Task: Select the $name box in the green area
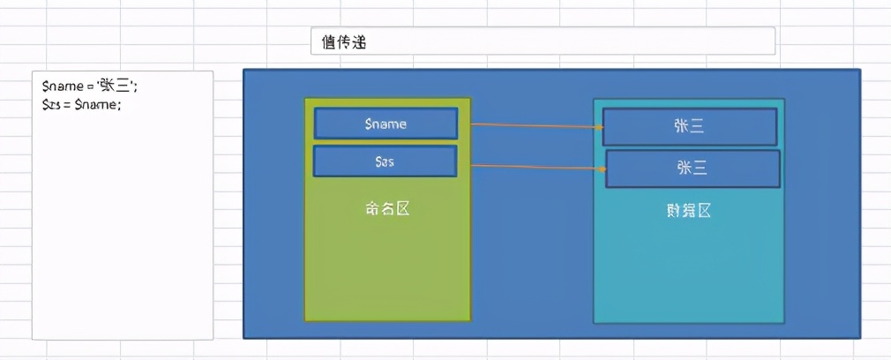tap(386, 124)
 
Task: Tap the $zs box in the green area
tap(385, 161)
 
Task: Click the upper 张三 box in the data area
tap(689, 127)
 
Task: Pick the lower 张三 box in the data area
tap(693, 168)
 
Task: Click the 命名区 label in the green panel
tap(387, 209)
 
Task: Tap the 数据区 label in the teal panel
tap(688, 211)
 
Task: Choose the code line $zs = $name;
tap(81, 104)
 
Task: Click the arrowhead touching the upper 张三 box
tap(599, 128)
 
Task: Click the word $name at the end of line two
tap(97, 104)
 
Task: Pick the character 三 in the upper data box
tap(697, 127)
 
